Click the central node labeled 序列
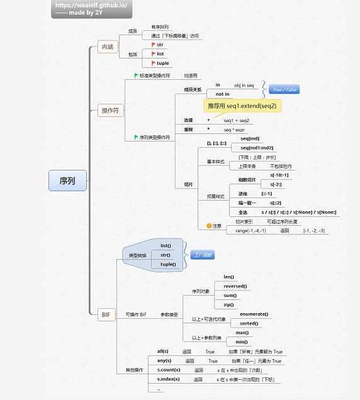(67, 181)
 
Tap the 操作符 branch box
(110, 111)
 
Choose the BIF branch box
(107, 313)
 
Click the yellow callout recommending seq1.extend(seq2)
(242, 105)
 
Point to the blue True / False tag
(284, 89)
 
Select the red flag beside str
(152, 45)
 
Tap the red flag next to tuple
(152, 63)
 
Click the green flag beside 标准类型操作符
(136, 75)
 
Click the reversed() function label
(235, 286)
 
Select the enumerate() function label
(254, 314)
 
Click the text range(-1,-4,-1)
(250, 231)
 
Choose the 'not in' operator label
(223, 94)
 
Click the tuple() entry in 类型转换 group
(167, 264)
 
